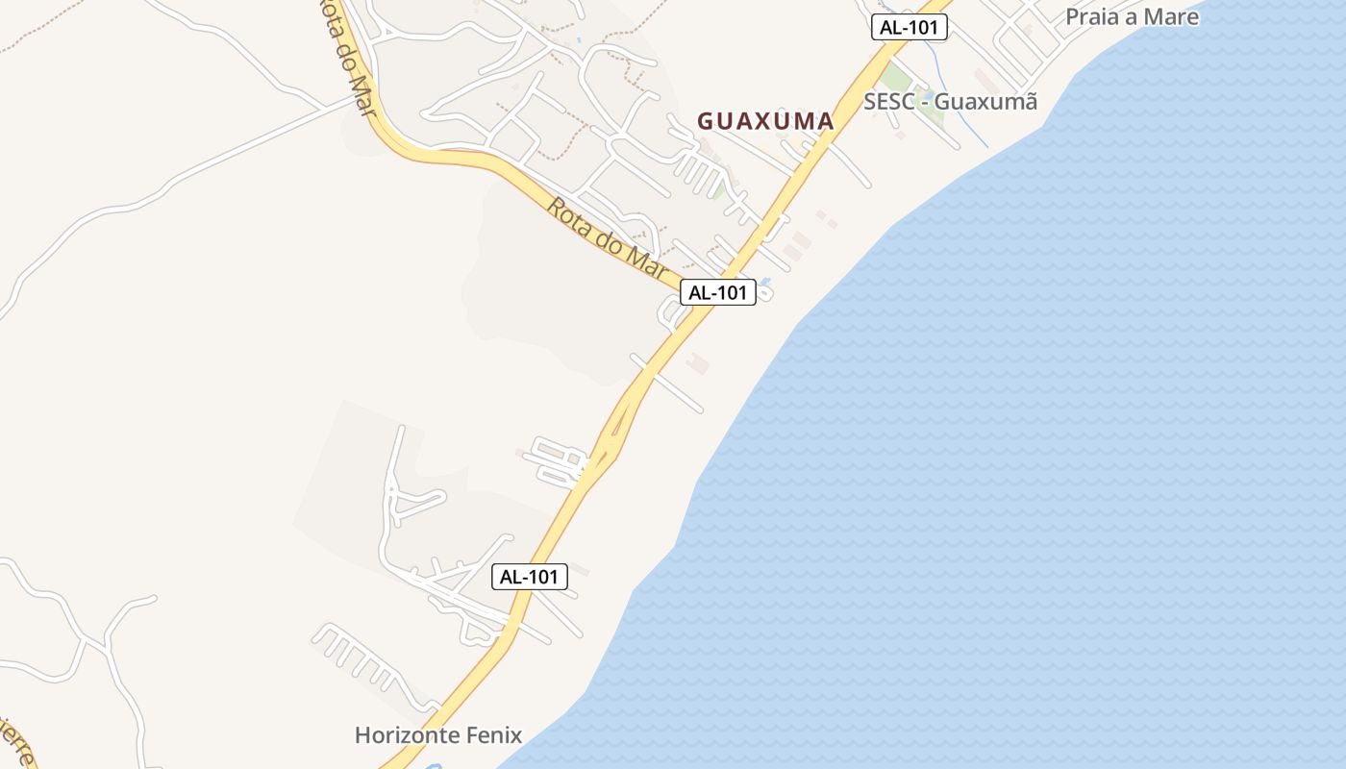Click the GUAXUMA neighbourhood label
(765, 121)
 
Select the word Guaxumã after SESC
(986, 101)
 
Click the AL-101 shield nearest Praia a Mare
(910, 27)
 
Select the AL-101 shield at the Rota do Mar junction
(718, 292)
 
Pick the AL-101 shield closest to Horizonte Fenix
(530, 577)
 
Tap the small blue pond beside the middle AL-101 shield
(765, 284)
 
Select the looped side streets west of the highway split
(556, 461)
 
